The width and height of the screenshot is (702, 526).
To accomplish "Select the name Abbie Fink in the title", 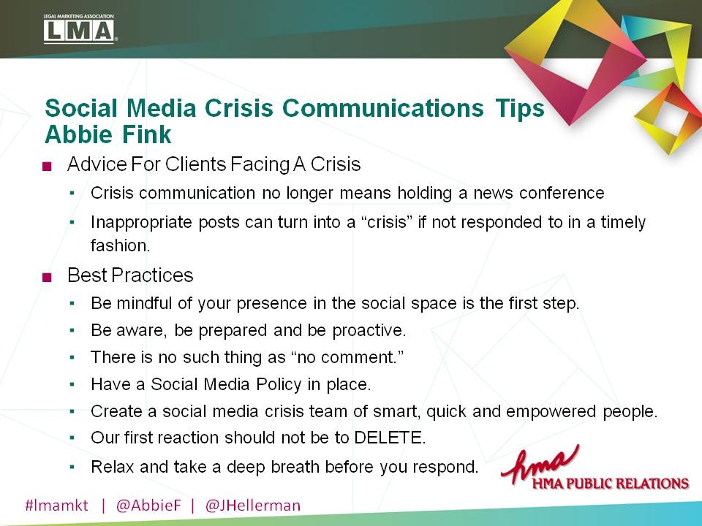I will (108, 134).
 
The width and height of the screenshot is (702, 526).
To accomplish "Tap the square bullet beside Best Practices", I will (48, 276).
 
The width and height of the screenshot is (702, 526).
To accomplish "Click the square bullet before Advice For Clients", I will (48, 166).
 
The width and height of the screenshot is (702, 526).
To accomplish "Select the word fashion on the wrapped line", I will (120, 245).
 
